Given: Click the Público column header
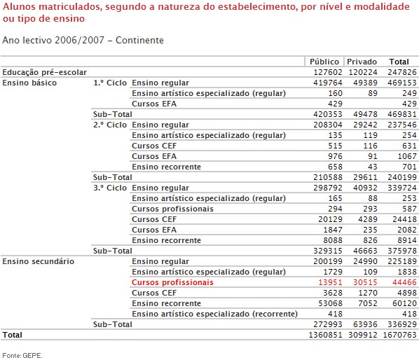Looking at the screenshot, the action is click(324, 62).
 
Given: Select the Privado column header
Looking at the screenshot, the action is click(362, 62).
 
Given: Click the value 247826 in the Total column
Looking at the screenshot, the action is click(402, 72).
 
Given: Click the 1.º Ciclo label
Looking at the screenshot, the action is click(111, 83).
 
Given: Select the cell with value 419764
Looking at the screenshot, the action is click(326, 83).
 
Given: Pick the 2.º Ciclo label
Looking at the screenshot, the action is click(111, 125).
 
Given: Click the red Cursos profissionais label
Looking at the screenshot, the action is click(172, 282).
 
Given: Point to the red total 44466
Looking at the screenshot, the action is click(403, 282).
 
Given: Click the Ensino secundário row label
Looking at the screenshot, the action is click(39, 261).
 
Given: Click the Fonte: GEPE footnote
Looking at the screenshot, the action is click(22, 355).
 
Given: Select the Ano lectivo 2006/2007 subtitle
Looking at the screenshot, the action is click(83, 40).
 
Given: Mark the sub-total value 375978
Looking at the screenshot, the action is click(402, 251).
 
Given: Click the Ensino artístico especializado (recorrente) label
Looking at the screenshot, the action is click(214, 314).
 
